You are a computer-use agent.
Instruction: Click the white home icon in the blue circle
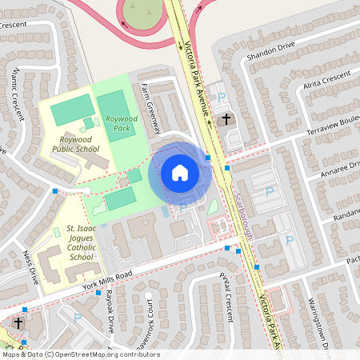tap(179, 173)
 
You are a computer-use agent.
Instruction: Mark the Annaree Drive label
tap(341, 170)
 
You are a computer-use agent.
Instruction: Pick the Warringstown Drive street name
tap(320, 323)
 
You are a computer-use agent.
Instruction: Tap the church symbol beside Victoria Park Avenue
tap(226, 120)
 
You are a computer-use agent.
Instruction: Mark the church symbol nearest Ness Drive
tap(18, 324)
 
